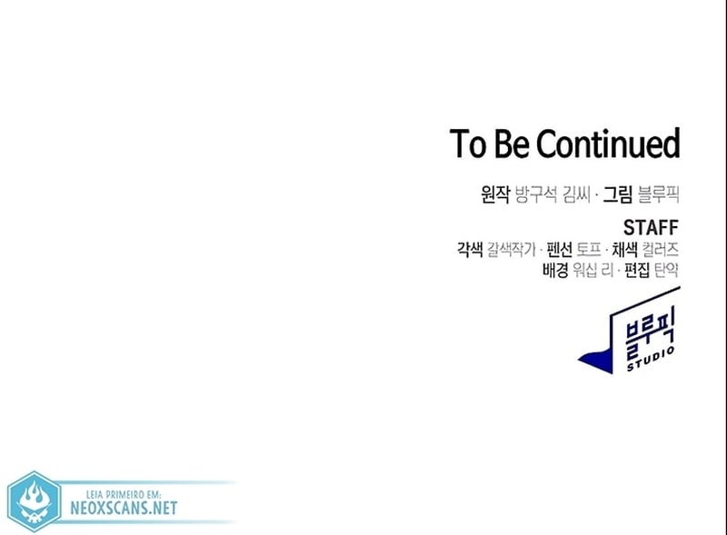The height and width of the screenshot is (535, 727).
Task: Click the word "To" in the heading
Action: click(467, 144)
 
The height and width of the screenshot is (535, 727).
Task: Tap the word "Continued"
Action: click(608, 144)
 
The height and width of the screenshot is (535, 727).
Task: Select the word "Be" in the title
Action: click(512, 144)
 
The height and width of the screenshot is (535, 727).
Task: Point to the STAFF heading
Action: click(651, 228)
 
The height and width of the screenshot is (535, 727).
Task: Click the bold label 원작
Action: click(495, 193)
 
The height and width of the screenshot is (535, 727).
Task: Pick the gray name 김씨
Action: click(576, 193)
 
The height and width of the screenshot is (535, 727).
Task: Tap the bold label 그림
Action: click(617, 193)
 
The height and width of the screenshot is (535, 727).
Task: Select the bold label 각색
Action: click(470, 250)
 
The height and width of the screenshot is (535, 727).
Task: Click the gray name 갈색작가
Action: click(511, 250)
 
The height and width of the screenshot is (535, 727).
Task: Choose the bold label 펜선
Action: click(559, 250)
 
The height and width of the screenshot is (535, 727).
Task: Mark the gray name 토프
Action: click(588, 250)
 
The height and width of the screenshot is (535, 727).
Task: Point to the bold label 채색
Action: click(624, 250)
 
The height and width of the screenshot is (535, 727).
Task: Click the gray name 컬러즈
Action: click(661, 250)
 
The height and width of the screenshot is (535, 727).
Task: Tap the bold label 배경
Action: click(555, 270)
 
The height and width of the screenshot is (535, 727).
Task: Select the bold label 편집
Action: click(637, 270)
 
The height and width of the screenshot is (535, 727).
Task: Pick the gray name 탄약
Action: click(666, 270)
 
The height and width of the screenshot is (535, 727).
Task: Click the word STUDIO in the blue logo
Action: click(651, 359)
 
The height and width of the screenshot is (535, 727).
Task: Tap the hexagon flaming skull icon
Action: click(35, 501)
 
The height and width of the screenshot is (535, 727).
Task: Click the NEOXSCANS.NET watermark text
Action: click(124, 508)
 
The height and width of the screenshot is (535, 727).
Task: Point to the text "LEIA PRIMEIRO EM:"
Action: click(124, 494)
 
